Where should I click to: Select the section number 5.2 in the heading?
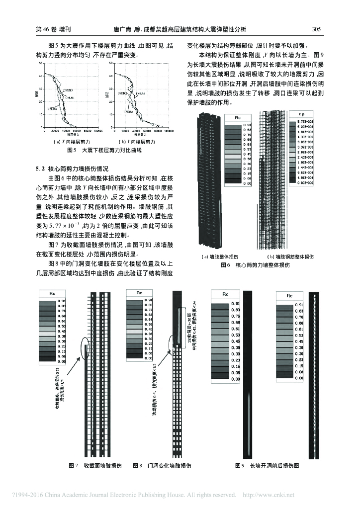(x=41, y=169)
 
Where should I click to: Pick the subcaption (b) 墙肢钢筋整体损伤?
(x=290, y=257)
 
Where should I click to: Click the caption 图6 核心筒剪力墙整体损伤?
(x=255, y=265)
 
